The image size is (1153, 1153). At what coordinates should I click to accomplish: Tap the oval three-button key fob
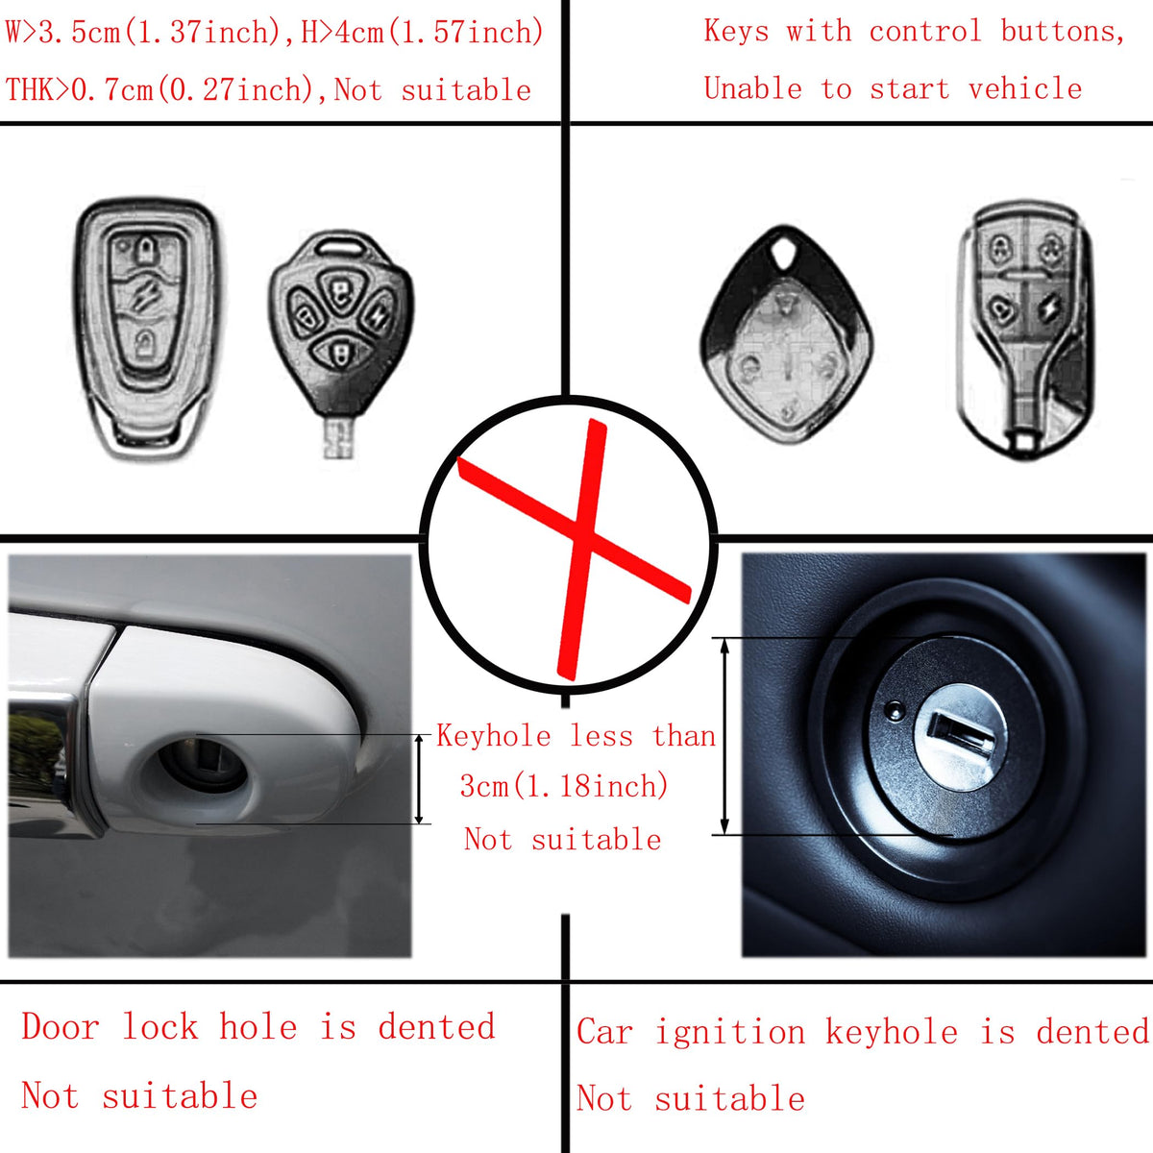pos(145,330)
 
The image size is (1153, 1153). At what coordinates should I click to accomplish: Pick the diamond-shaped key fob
pos(787,333)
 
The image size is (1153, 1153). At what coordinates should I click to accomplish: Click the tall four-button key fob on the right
pos(1025,330)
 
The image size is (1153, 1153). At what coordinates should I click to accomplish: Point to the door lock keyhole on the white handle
pos(202,767)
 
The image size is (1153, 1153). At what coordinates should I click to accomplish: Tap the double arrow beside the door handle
pos(419,779)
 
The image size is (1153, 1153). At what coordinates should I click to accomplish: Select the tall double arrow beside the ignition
pos(724,736)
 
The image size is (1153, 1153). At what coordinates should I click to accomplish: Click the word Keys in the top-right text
pos(736,31)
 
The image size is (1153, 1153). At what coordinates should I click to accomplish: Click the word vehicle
pos(1025,88)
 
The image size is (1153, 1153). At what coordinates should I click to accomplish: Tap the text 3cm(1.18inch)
pos(564,786)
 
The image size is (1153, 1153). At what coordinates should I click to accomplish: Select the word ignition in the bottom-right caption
pos(730,1033)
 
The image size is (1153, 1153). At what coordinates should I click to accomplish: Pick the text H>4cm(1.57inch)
pos(423,32)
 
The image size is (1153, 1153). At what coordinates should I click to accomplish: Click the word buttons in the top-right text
pos(1064,31)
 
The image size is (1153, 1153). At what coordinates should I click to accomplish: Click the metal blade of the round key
pos(338,437)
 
